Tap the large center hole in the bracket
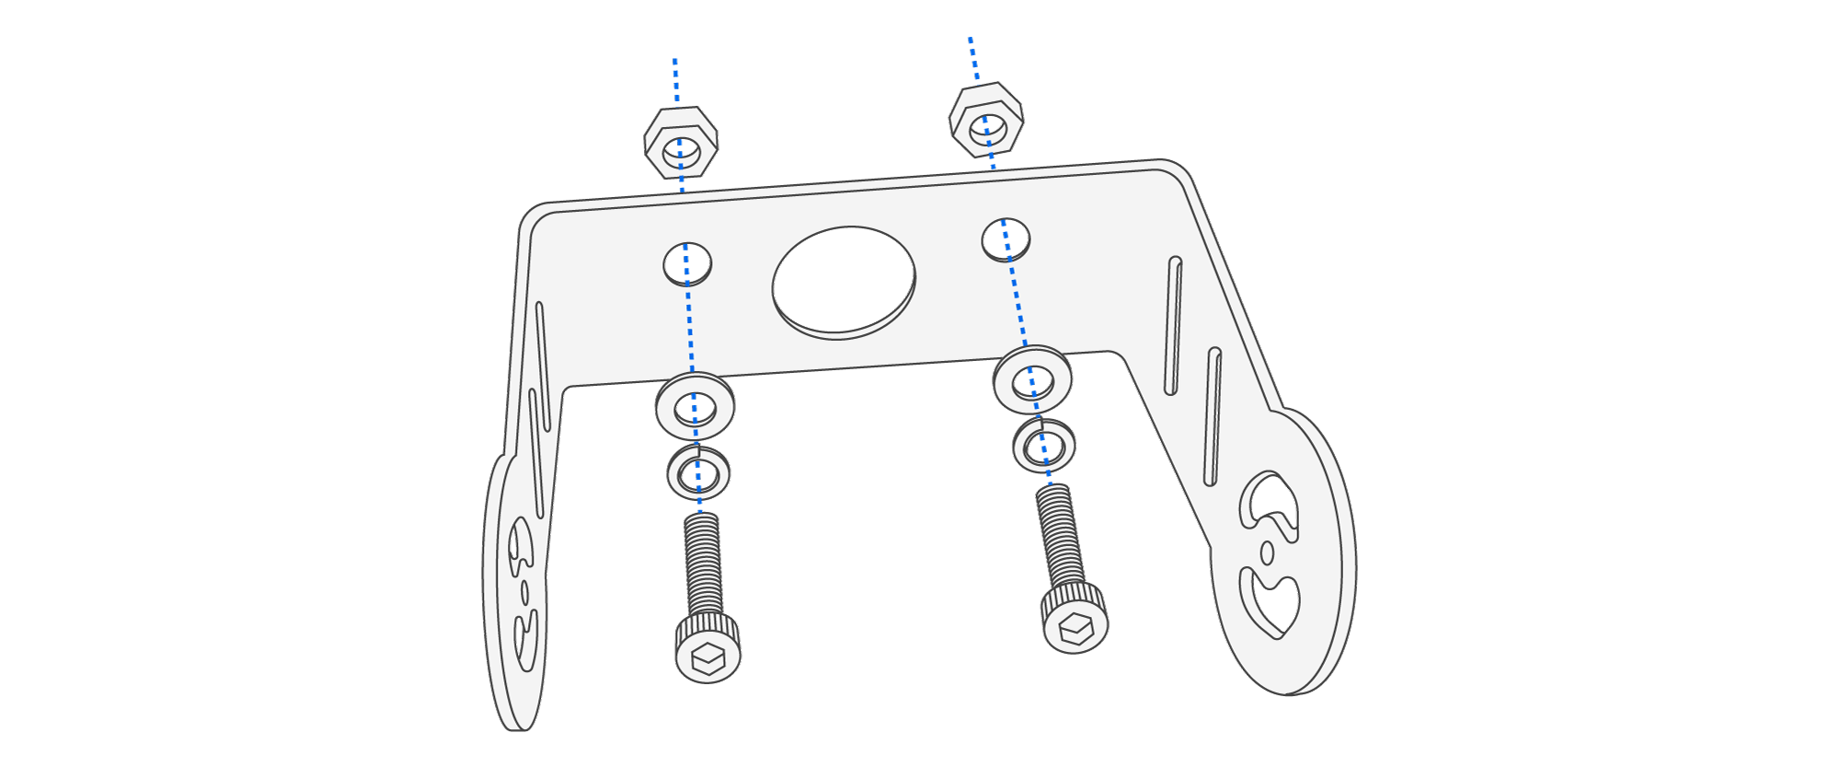click(843, 281)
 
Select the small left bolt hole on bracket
click(687, 264)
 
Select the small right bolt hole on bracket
click(1006, 239)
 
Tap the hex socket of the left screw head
click(707, 658)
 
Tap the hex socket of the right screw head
click(1075, 630)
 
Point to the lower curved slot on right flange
click(1270, 603)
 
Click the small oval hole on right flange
click(1267, 552)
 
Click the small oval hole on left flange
click(524, 592)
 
